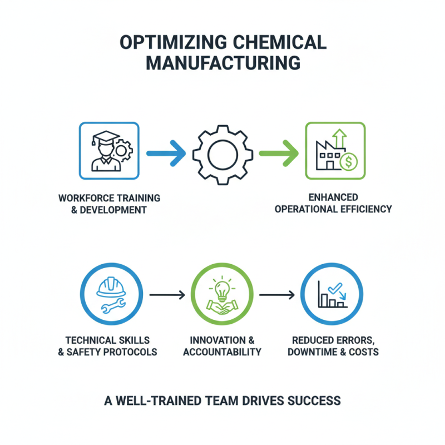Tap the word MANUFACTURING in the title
click(222, 63)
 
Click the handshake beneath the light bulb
click(222, 309)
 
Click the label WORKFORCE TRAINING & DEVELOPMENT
click(109, 204)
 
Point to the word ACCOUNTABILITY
click(222, 352)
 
